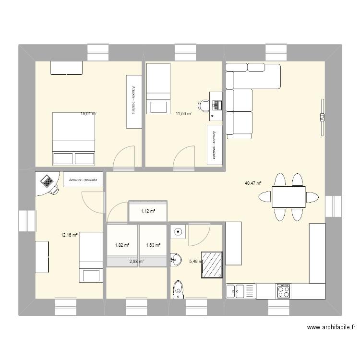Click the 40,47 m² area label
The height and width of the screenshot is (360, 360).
click(253, 183)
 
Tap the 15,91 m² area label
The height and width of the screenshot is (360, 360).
click(89, 114)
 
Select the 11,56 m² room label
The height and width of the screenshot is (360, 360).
click(184, 114)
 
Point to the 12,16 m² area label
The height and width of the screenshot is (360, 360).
click(69, 235)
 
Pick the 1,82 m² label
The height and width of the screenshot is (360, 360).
click(122, 245)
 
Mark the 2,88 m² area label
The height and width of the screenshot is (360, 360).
click(137, 261)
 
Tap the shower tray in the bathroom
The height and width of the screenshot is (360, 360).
click(212, 265)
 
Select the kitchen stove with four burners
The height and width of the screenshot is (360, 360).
click(283, 291)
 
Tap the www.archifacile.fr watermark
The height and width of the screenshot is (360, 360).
click(331, 328)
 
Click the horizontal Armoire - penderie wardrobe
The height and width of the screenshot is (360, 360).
click(83, 180)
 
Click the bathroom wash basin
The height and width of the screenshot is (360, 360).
click(174, 260)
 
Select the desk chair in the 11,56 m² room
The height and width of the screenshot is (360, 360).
click(204, 105)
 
